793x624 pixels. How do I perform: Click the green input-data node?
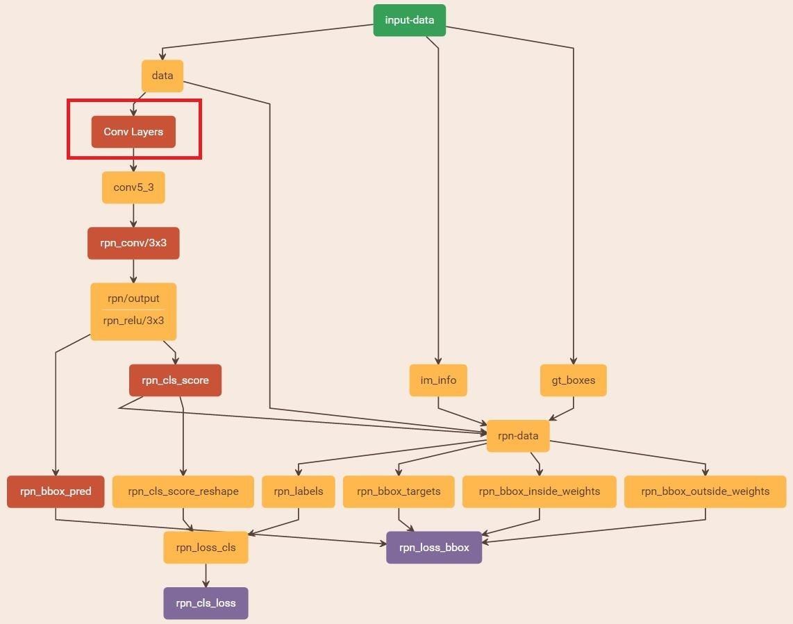409,20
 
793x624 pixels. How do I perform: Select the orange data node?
162,76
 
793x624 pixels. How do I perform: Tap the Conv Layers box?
133,132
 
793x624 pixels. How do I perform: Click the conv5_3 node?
133,187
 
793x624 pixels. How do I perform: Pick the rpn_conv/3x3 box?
133,243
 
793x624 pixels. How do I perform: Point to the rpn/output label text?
133,298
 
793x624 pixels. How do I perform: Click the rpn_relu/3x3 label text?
133,321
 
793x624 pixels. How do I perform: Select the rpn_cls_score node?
175,380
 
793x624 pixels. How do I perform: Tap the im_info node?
437,380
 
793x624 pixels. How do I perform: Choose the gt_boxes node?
573,380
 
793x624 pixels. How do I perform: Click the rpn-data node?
518,436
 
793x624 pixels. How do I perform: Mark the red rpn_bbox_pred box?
56,491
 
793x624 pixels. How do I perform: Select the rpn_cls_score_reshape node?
183,491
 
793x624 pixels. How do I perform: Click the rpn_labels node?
299,491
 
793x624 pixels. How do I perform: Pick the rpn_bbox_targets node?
399,491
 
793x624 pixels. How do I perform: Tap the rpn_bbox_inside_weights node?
540,491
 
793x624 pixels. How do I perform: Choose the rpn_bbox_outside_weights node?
705,491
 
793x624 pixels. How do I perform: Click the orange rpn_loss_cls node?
206,548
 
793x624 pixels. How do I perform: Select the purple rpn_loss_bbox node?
434,548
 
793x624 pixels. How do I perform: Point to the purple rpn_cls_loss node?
206,603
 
